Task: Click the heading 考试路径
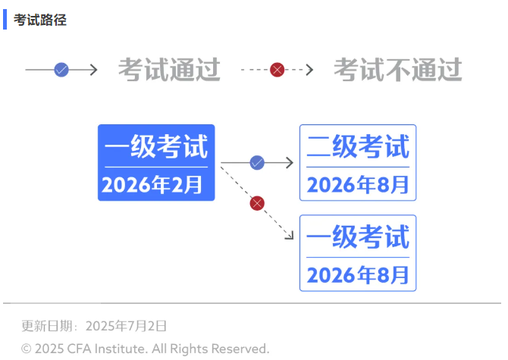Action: (x=40, y=20)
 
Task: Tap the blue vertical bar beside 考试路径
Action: (x=5, y=20)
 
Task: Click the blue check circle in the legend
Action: (x=61, y=70)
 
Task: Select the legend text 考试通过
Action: (x=169, y=70)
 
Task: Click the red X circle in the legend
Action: (x=277, y=70)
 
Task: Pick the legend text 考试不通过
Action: (x=398, y=70)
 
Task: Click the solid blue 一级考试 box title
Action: (x=156, y=146)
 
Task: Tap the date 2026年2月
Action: (x=152, y=184)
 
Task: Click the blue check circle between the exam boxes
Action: (x=257, y=162)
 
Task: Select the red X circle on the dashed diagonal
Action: (x=257, y=203)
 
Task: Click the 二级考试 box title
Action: (x=358, y=146)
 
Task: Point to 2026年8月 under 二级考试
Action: (x=358, y=184)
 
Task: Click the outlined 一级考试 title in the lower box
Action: (x=358, y=236)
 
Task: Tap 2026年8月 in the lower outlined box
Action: (x=358, y=275)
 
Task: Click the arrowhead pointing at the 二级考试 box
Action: (x=290, y=162)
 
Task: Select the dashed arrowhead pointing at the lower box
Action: (x=290, y=236)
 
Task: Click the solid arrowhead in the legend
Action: (x=94, y=70)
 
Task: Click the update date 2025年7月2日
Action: (x=126, y=326)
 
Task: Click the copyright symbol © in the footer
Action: (x=27, y=349)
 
